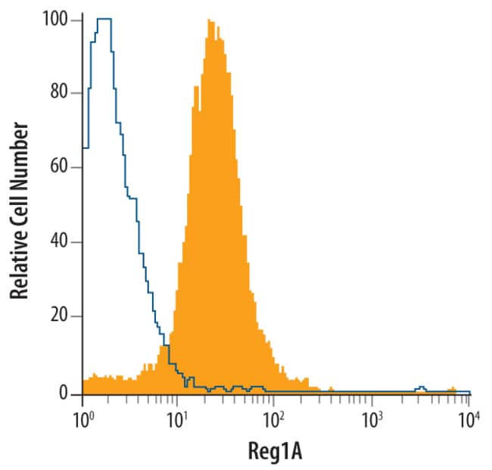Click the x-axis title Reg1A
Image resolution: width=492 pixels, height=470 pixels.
tap(276, 452)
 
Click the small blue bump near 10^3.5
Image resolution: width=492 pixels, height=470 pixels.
tap(422, 388)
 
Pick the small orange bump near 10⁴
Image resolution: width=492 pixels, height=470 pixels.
tap(452, 389)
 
